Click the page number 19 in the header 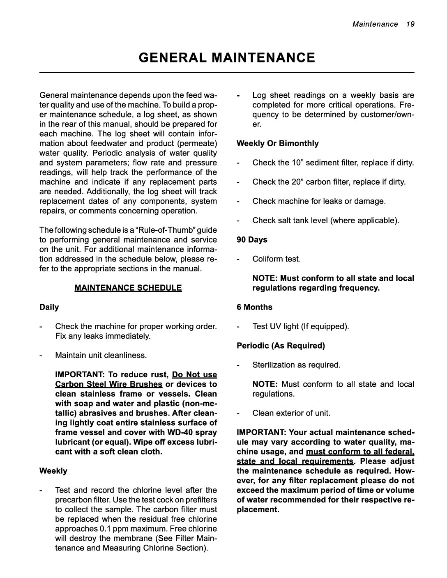pyautogui.click(x=410, y=24)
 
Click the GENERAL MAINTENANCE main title pyautogui.click(x=227, y=57)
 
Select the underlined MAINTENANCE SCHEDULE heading pyautogui.click(x=128, y=288)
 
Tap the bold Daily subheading pyautogui.click(x=49, y=307)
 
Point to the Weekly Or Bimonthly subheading pyautogui.click(x=277, y=143)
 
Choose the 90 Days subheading pyautogui.click(x=252, y=240)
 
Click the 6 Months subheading pyautogui.click(x=254, y=307)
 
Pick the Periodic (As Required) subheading pyautogui.click(x=281, y=346)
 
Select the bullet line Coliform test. pyautogui.click(x=276, y=259)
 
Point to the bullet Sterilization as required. pyautogui.click(x=296, y=365)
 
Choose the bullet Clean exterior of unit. pyautogui.click(x=291, y=413)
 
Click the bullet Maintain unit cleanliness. pyautogui.click(x=101, y=355)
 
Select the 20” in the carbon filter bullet pyautogui.click(x=298, y=182)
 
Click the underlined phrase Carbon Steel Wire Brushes pyautogui.click(x=109, y=384)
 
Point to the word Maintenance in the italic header pyautogui.click(x=375, y=24)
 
